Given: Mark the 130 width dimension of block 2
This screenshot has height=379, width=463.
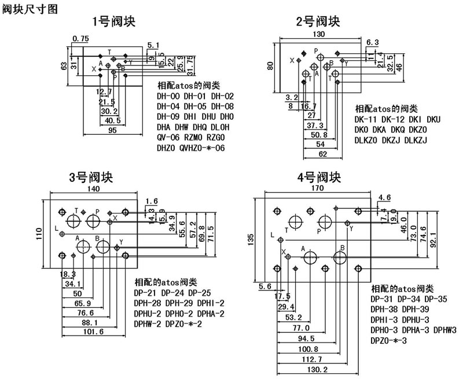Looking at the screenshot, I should pyautogui.click(x=318, y=34).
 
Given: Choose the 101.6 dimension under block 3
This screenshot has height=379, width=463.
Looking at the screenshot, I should pyautogui.click(x=94, y=332).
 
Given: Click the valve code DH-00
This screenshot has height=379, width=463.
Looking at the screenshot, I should pyautogui.click(x=168, y=96).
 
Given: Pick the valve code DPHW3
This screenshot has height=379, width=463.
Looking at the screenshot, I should pyautogui.click(x=444, y=330).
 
